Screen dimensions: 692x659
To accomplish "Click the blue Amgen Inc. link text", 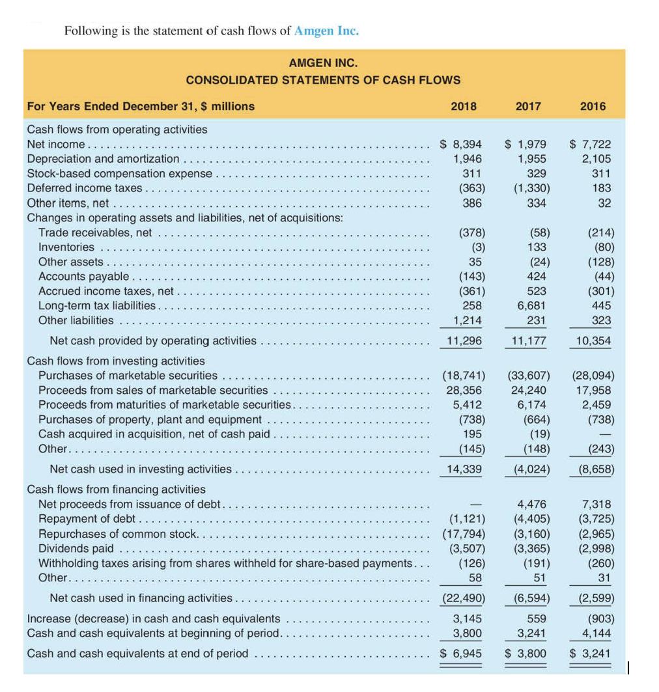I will click(326, 31).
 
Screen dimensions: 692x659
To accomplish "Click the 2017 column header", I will click(528, 106).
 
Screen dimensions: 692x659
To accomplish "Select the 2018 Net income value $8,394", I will click(461, 145).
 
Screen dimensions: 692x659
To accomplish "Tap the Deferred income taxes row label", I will click(85, 188).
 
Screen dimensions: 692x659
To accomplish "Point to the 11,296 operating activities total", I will click(464, 340).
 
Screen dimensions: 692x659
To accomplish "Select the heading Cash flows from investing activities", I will click(115, 361).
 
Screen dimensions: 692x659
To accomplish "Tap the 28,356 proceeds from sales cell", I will click(464, 390).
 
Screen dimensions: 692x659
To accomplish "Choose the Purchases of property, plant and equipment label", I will click(150, 420).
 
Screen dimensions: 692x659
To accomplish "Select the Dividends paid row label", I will click(76, 548).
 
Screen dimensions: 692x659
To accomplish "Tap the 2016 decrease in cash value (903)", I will click(596, 618).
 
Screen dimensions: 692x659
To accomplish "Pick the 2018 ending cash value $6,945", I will click(461, 653).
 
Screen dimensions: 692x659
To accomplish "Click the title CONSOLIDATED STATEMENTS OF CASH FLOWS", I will click(323, 80).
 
